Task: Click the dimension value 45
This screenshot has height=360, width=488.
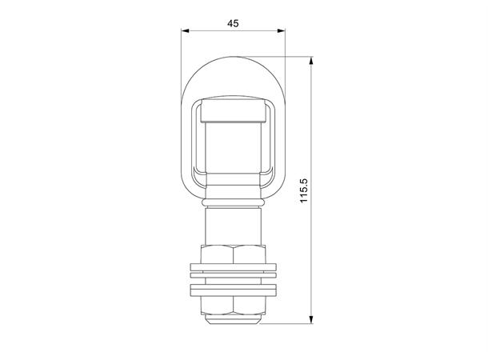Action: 234,24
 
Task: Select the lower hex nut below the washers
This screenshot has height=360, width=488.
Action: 234,306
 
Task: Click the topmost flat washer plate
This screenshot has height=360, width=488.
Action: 234,267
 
